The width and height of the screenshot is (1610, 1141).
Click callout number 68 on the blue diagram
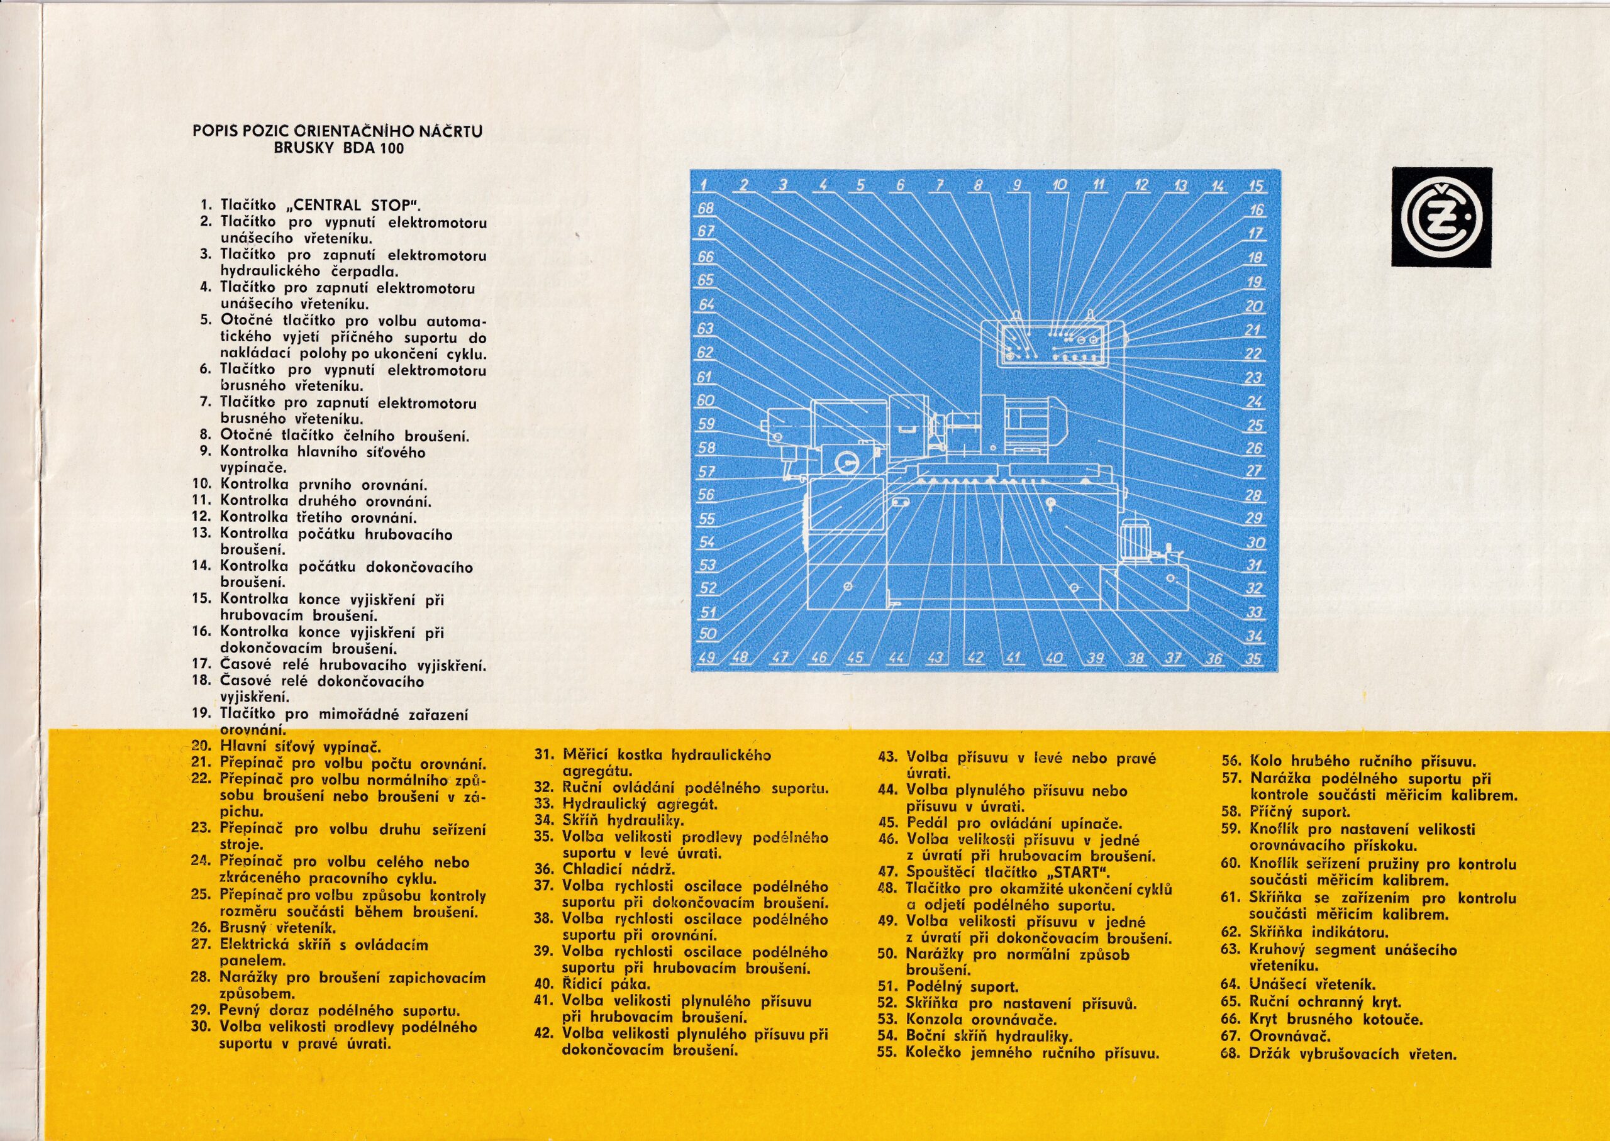[x=706, y=208]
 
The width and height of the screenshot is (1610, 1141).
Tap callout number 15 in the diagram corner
[x=1256, y=186]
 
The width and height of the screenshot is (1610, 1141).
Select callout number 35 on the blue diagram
[x=1253, y=659]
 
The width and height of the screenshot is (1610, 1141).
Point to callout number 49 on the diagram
[x=707, y=658]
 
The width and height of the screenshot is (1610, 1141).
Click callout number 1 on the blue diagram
[x=704, y=185]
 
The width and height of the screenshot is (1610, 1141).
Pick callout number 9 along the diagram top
[x=1016, y=185]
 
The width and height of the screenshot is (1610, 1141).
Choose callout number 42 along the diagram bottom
[x=975, y=658]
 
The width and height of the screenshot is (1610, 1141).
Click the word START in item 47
[x=1075, y=873]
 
